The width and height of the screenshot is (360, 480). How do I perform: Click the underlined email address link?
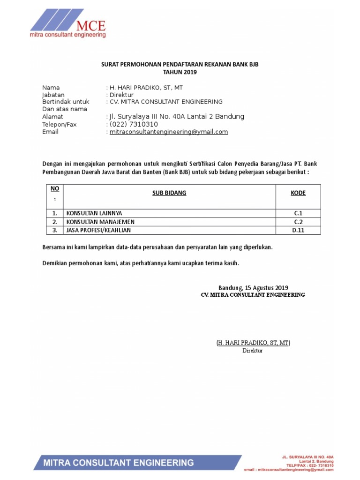coord(169,132)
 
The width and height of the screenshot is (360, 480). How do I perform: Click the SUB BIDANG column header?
coord(169,193)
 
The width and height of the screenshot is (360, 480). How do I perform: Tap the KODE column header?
coord(298,193)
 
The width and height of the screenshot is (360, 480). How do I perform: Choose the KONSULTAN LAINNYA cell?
coord(94,213)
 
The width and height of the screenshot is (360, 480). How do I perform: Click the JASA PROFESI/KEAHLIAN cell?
coord(98,230)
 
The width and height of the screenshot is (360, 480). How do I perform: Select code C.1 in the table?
coord(298,213)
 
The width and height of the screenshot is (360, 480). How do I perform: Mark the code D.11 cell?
coord(298,230)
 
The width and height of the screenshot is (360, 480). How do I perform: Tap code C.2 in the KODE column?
coord(298,222)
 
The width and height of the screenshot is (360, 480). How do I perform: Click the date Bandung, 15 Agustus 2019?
coord(253,288)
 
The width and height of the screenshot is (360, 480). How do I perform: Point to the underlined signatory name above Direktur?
coord(253,343)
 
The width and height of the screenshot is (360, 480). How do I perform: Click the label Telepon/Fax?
coord(59,124)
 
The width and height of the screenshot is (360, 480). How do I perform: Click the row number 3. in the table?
coord(55,230)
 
